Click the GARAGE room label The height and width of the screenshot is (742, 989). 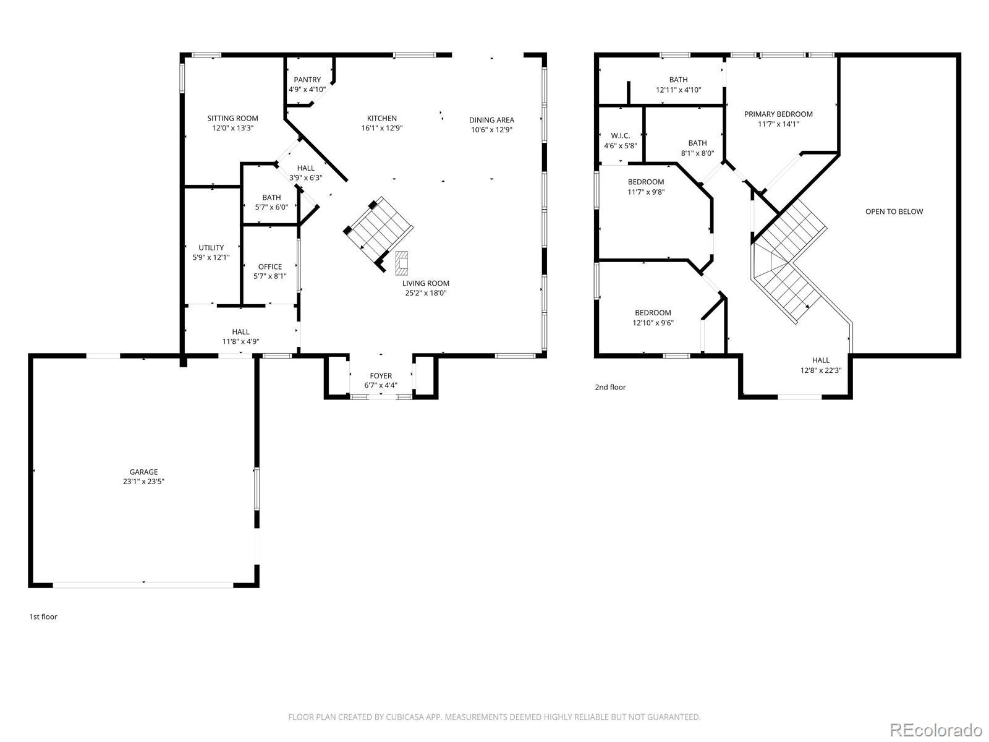144,472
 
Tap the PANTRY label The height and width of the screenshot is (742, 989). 307,80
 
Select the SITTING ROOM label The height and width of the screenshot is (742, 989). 232,119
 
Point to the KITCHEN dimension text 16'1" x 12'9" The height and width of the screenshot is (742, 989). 381,128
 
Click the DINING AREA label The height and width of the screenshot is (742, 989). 491,120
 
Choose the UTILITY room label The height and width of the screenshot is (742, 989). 211,248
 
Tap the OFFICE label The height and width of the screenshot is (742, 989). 270,267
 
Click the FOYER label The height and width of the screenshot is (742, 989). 381,376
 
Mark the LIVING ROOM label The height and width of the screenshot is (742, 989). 426,283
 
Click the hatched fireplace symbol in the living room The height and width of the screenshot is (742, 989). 401,263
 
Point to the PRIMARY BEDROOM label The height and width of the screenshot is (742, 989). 778,114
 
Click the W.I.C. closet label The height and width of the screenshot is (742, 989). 621,135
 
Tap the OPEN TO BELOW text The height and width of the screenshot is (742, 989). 894,211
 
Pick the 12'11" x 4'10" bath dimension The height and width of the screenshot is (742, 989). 678,90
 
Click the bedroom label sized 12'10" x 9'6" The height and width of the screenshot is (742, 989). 653,313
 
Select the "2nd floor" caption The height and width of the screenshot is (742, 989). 610,387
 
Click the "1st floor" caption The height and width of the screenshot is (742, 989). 43,616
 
